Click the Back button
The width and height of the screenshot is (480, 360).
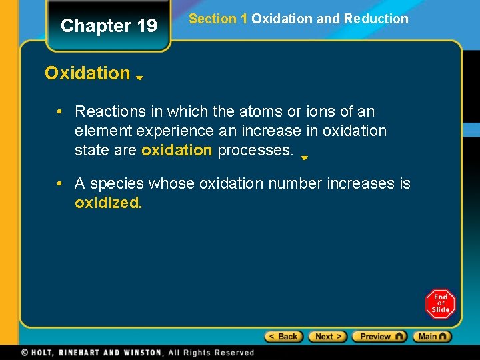(284, 337)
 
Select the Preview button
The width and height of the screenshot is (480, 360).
(379, 337)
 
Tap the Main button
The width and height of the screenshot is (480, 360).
(431, 337)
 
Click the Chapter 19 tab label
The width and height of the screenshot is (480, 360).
(109, 26)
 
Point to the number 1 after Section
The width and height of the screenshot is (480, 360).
(244, 19)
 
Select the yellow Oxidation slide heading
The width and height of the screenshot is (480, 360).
(87, 73)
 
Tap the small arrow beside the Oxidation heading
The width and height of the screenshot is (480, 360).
(140, 78)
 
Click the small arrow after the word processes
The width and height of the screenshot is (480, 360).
(304, 159)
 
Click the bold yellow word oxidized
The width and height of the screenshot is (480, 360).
(108, 203)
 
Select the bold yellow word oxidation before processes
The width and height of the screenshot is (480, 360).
(177, 150)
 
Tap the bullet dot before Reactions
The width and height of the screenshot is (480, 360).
(60, 111)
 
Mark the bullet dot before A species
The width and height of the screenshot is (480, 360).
(60, 183)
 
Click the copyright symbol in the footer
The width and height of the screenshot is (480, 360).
(25, 353)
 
